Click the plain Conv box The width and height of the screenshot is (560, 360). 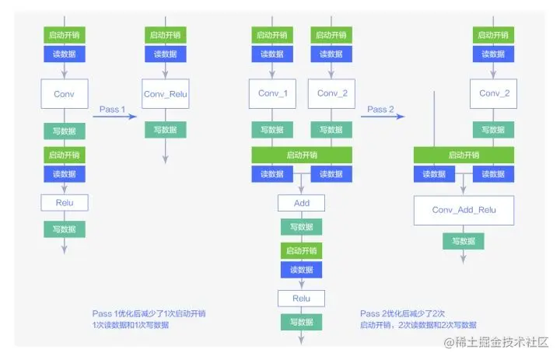click(65, 93)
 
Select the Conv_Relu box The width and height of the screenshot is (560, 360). click(166, 94)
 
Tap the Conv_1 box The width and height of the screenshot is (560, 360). click(272, 93)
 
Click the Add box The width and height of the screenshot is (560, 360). click(302, 203)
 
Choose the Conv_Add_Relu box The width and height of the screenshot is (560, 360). click(464, 210)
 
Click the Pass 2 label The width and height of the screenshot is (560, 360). click(380, 110)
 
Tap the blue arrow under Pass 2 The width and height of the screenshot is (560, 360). click(382, 117)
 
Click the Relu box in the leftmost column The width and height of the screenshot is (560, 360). click(65, 203)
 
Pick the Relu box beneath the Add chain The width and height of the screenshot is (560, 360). click(302, 299)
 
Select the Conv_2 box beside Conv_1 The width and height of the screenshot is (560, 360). click(331, 93)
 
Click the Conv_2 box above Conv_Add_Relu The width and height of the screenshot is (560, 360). click(494, 93)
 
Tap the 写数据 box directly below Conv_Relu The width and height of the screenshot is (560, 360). click(166, 130)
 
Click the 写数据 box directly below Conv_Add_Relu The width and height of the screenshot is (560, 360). click(464, 241)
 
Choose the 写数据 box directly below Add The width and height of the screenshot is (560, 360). click(302, 227)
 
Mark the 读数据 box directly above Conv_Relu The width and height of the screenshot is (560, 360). click(166, 54)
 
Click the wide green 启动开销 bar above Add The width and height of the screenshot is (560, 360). click(302, 155)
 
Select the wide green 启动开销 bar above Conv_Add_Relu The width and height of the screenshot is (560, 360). click(464, 155)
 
